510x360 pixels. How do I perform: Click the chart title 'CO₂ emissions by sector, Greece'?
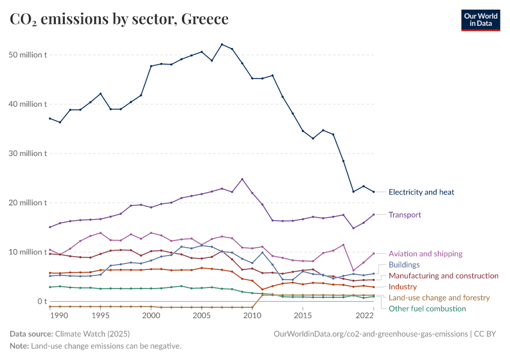[x=119, y=19]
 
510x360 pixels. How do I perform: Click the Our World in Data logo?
[x=480, y=19]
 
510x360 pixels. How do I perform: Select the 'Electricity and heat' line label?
[x=421, y=193]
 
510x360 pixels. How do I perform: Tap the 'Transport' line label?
[x=405, y=215]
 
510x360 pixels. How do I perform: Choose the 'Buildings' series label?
[x=404, y=265]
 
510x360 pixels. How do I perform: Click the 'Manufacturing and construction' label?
[x=443, y=276]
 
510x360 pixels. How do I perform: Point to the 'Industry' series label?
[x=403, y=287]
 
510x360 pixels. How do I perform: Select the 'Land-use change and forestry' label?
[x=439, y=298]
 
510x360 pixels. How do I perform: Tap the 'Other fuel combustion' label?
[x=427, y=308]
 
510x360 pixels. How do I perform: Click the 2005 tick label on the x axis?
[x=202, y=315]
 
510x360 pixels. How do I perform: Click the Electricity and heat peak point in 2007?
[x=222, y=44]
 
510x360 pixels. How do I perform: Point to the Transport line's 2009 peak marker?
[x=242, y=179]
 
